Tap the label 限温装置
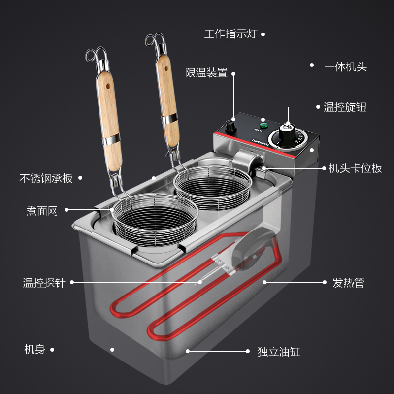(x=206, y=73)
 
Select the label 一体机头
(x=345, y=67)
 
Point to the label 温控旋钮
(x=345, y=107)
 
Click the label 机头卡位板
(x=355, y=168)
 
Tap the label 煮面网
(x=42, y=211)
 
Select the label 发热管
(x=348, y=283)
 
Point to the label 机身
(x=34, y=350)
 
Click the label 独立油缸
(x=279, y=352)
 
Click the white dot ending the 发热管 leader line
(x=264, y=283)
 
